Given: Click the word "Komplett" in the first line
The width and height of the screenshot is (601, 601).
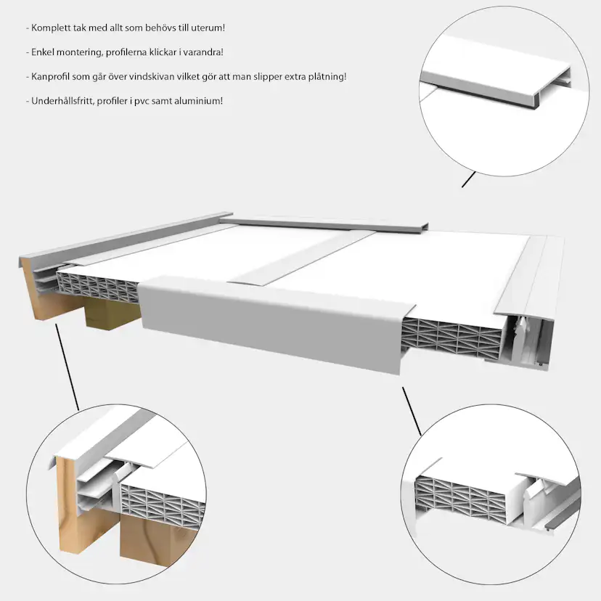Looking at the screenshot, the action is coord(47,28).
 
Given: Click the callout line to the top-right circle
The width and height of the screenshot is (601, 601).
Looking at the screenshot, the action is coord(468,179).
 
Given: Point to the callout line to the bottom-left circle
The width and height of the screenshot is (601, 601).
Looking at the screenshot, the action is coord(68,367).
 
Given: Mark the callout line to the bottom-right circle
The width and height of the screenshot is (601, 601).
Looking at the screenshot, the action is coord(412,412).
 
